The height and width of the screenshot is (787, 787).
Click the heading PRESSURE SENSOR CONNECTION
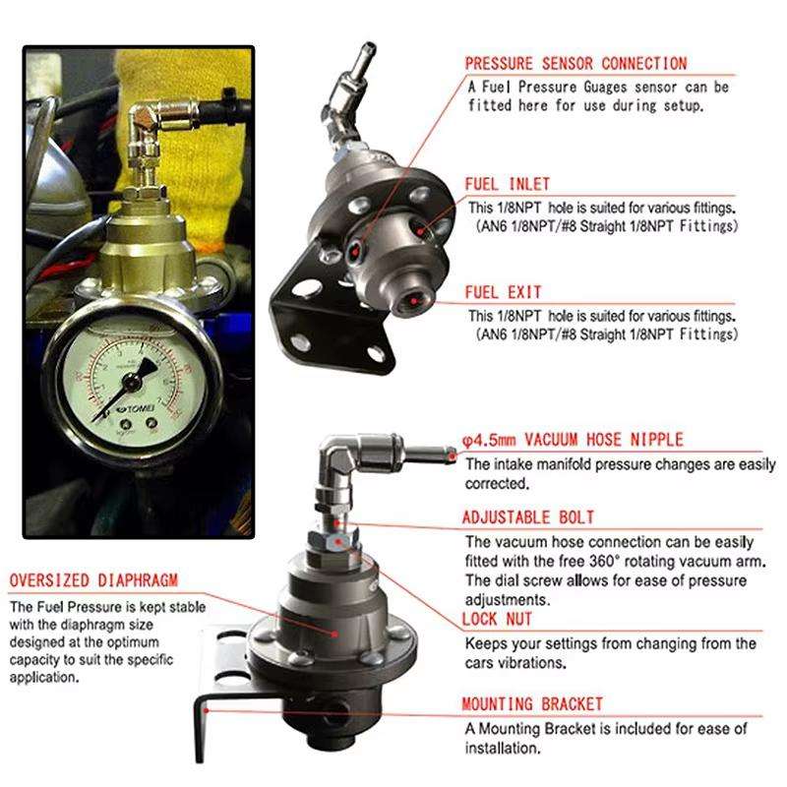(575, 64)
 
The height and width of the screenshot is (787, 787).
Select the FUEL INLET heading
(508, 184)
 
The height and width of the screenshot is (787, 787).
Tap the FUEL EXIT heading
(504, 292)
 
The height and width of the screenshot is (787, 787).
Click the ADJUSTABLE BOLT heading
(528, 517)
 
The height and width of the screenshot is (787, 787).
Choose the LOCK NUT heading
(497, 620)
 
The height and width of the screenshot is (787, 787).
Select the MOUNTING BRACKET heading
(532, 704)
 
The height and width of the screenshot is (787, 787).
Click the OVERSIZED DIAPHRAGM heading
(94, 578)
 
